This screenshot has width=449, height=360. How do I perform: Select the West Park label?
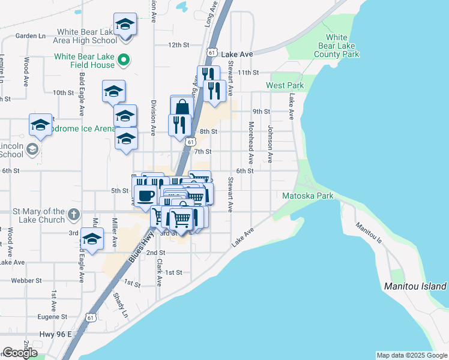point(285,86)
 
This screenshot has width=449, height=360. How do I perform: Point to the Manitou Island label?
point(415,286)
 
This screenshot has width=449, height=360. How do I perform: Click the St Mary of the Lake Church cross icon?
point(73,214)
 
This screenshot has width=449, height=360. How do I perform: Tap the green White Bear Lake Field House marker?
point(124,60)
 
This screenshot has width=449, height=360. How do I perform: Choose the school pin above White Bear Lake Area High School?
point(125,25)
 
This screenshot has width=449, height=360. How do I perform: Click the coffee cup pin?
point(146,195)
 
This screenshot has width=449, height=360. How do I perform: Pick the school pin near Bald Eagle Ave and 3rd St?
point(91,239)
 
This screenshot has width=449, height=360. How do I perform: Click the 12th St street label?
point(178,45)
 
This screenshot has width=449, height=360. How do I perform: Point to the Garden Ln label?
point(31,36)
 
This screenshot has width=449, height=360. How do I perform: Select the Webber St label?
point(29,280)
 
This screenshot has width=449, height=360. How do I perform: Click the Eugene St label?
point(50,316)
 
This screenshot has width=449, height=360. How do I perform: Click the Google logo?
point(20,353)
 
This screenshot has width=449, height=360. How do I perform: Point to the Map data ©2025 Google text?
point(412,355)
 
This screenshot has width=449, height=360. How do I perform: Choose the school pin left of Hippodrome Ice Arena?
point(40,125)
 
